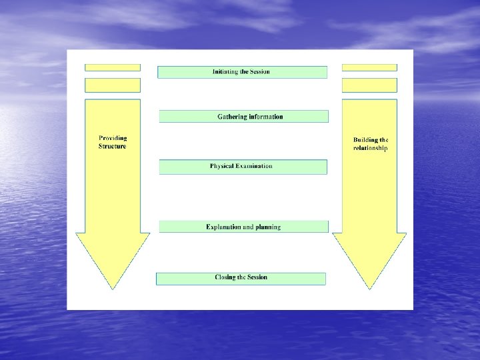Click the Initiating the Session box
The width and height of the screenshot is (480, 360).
[x=242, y=72]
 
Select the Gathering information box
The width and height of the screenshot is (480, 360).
[x=243, y=117]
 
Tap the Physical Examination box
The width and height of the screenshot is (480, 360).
[x=243, y=167]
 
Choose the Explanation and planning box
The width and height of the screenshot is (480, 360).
[x=243, y=227]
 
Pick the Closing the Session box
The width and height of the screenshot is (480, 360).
[x=241, y=278]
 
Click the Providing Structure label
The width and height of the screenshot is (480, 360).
[x=112, y=142]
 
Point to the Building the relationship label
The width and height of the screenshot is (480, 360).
[x=370, y=144]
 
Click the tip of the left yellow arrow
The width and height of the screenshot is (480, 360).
[x=112, y=288]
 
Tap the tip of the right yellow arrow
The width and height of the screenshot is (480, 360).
[x=369, y=288]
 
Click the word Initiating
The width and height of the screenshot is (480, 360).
[x=226, y=72]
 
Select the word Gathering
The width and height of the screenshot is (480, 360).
[x=232, y=117]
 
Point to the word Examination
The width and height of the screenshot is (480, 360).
[x=252, y=166]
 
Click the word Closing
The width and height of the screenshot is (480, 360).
[x=225, y=277]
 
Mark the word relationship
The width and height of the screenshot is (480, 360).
[x=370, y=148]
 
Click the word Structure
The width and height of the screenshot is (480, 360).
[x=112, y=146]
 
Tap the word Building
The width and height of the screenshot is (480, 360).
[x=365, y=140]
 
